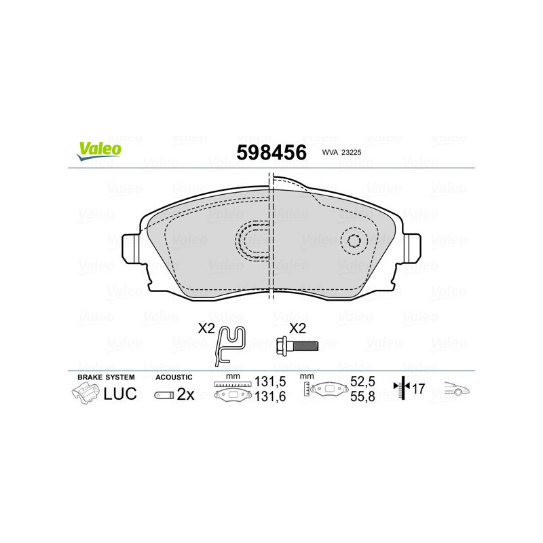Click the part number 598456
[271, 152]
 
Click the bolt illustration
[297, 347]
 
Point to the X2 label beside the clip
[206, 328]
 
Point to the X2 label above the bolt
[298, 328]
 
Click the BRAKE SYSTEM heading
[106, 377]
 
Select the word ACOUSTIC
[174, 377]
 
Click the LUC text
[121, 394]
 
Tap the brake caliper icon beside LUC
[86, 393]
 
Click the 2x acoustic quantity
[185, 394]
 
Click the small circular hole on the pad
[354, 240]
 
